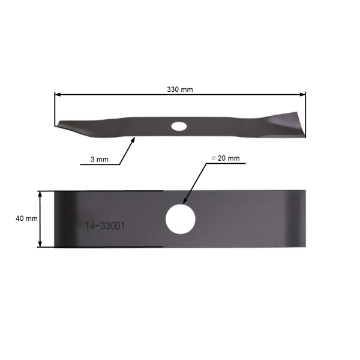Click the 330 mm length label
coord(180,89)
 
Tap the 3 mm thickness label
coord(99,160)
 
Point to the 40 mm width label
coord(26,218)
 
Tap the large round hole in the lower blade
coord(180,218)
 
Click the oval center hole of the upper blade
coord(179,126)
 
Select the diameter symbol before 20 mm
coord(213,158)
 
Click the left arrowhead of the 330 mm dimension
coord(58,94)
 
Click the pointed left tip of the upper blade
coord(56,125)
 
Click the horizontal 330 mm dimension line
coord(120,94)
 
